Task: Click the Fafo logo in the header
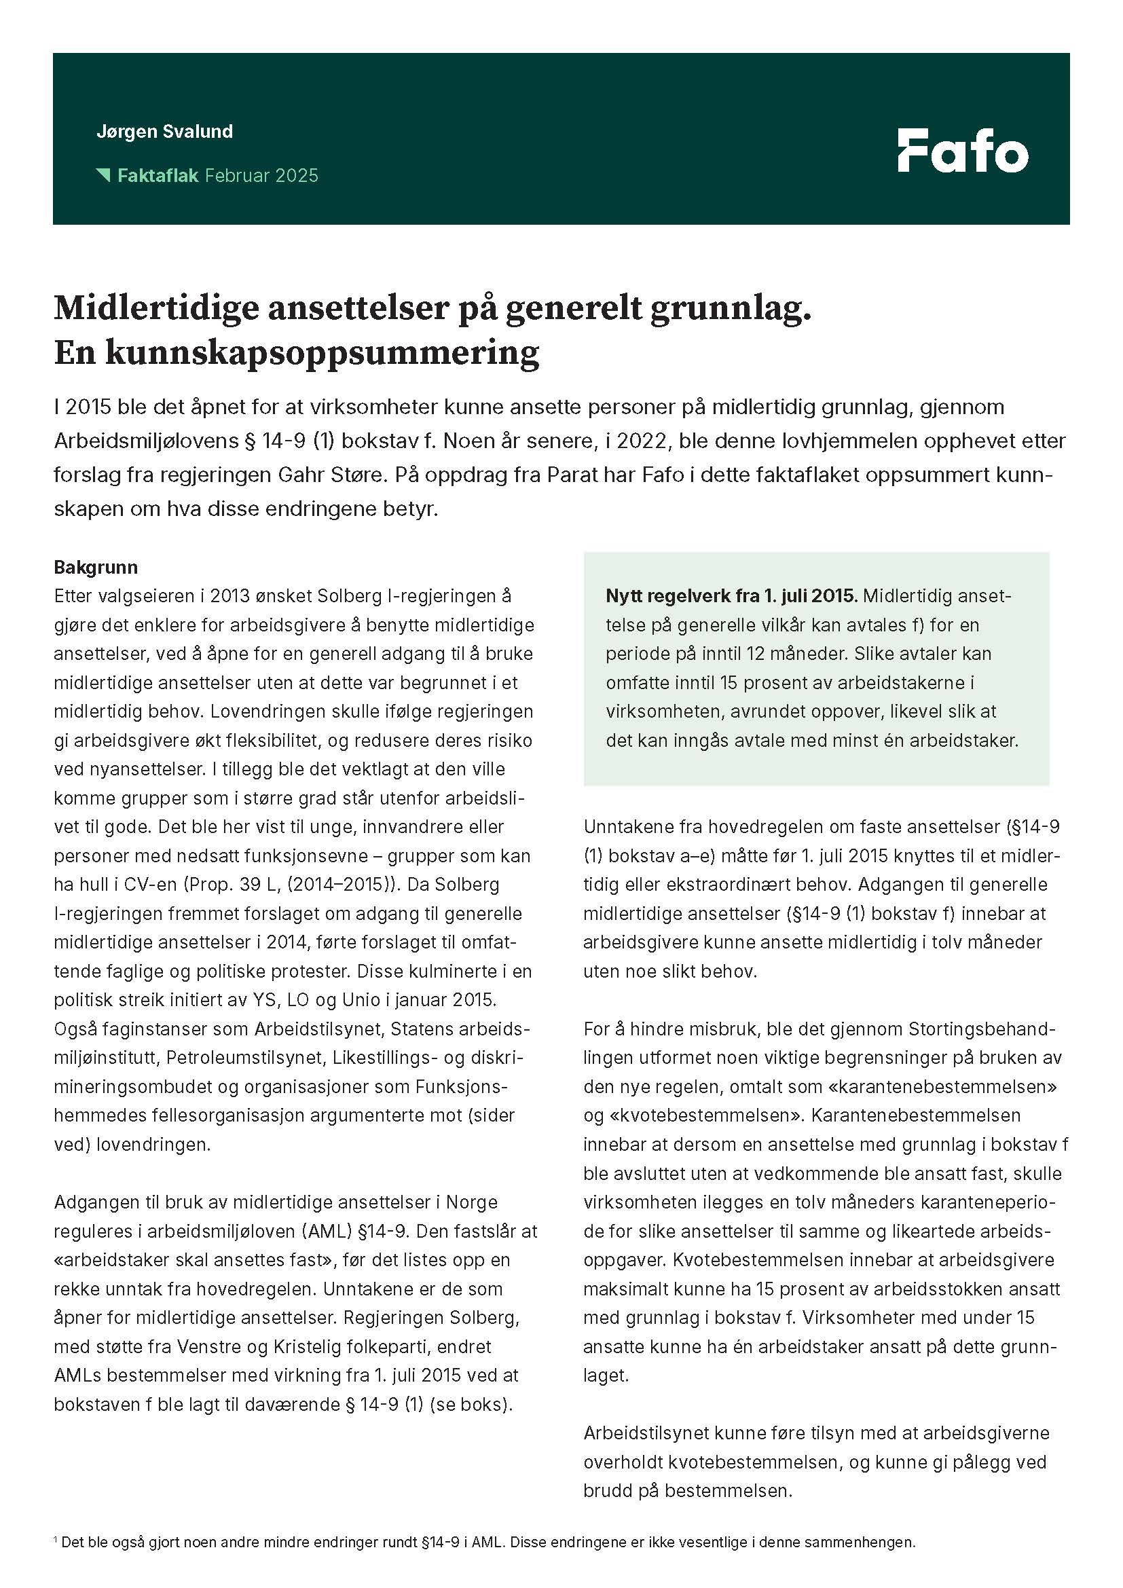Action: [x=963, y=150]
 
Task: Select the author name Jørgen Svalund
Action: [x=164, y=132]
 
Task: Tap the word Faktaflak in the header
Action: [x=158, y=176]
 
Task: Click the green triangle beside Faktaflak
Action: [x=104, y=175]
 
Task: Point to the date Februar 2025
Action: [x=261, y=176]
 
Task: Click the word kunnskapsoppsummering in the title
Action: [x=322, y=354]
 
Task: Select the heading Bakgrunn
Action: [x=96, y=567]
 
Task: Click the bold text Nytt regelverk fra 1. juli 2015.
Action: [x=731, y=595]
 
